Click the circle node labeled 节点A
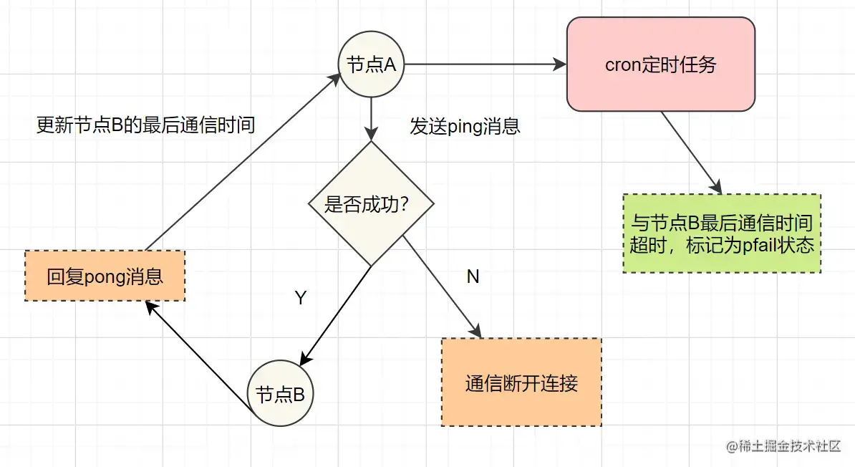point(371,64)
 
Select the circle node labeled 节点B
point(281,394)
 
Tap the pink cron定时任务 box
point(660,64)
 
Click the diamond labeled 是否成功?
point(371,204)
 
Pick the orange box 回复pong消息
point(105,276)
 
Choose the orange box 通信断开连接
point(521,382)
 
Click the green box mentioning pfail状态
point(722,233)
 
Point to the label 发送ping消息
point(465,127)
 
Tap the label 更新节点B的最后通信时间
point(145,125)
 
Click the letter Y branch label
point(301,298)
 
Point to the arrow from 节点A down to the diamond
point(371,117)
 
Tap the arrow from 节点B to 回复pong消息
point(198,355)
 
